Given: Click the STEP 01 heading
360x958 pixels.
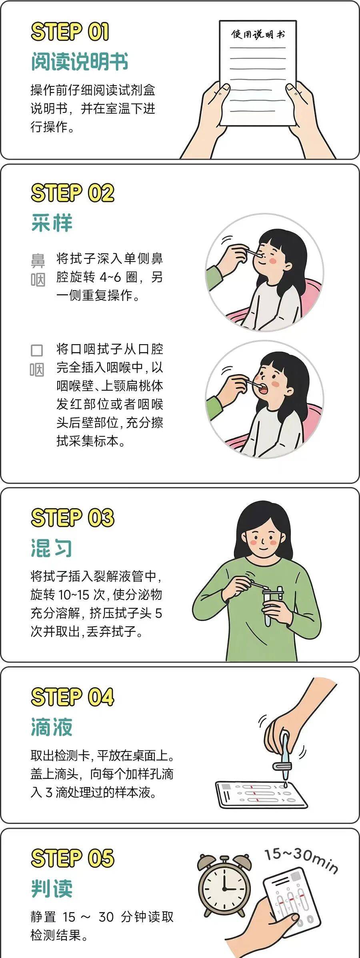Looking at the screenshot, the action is (70, 32).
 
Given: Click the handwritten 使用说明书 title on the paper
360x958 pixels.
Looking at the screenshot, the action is (258, 34).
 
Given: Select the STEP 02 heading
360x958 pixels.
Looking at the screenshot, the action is (72, 193).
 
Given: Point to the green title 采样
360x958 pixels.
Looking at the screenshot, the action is (52, 223).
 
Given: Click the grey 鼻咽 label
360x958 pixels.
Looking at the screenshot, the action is (38, 270).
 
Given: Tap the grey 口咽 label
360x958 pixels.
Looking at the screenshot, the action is (37, 360).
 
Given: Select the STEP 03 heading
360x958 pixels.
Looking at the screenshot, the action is (72, 517).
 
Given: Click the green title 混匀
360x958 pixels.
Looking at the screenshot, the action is (52, 547).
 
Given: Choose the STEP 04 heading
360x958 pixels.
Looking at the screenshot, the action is (72, 697).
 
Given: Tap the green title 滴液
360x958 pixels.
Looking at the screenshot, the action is (52, 727).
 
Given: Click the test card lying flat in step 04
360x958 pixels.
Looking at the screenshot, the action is (261, 794).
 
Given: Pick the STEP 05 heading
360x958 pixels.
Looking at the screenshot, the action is (72, 858).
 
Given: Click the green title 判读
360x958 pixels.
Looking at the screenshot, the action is (52, 888).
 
